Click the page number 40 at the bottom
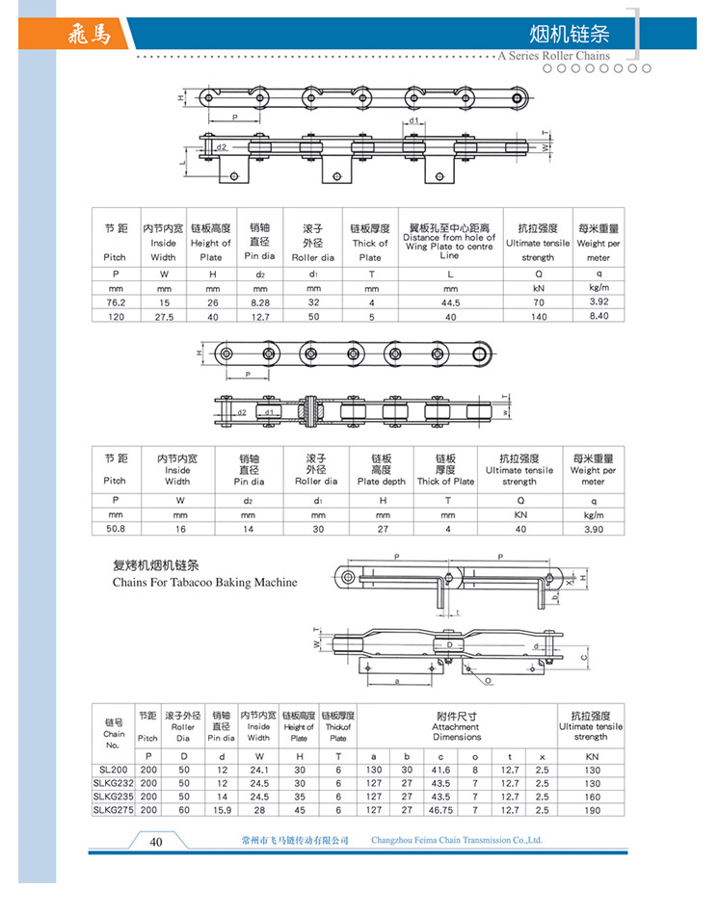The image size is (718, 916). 156,841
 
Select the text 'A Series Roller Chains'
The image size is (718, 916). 554,57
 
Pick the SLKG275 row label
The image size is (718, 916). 113,810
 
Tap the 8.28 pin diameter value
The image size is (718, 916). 260,302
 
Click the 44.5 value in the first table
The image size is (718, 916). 450,302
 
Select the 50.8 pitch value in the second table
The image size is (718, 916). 115,528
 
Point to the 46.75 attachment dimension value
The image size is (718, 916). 441,810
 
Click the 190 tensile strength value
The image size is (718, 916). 592,810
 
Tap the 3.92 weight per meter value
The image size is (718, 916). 598,301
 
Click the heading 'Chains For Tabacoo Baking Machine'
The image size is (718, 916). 204,583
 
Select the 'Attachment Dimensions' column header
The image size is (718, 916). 456,732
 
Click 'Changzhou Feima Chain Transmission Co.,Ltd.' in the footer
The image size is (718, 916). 457,841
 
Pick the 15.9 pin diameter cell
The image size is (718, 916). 221,810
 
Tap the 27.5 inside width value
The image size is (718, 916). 164,316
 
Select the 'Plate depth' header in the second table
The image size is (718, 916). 383,481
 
